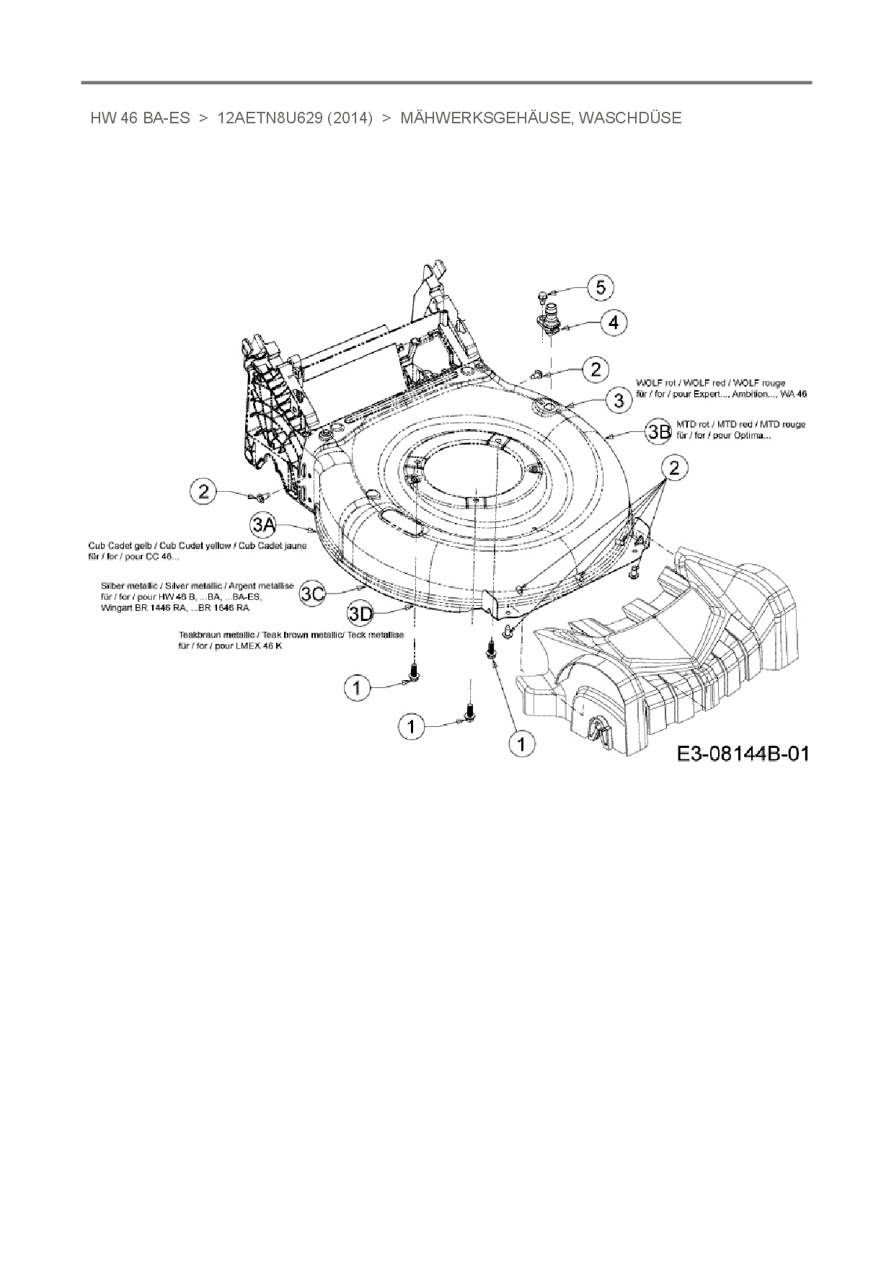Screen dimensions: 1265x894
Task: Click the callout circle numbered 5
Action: coord(600,288)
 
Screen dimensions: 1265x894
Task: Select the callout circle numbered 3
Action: coord(619,400)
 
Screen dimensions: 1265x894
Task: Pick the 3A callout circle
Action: coord(263,525)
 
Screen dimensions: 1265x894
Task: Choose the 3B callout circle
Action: coord(658,432)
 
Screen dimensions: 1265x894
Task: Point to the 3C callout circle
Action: coord(313,593)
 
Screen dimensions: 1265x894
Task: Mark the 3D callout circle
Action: coord(361,614)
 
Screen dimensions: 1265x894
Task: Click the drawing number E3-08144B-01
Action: coord(743,754)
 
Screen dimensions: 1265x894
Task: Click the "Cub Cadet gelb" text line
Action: coord(197,546)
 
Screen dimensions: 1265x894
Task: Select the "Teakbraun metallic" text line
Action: coord(291,635)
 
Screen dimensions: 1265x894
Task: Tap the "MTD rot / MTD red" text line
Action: coord(740,425)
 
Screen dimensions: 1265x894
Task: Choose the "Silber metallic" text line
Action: coord(197,586)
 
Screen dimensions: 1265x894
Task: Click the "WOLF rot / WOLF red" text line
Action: coord(711,383)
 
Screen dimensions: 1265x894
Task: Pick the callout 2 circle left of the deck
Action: coord(204,492)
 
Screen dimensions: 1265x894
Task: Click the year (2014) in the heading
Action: coord(350,118)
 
